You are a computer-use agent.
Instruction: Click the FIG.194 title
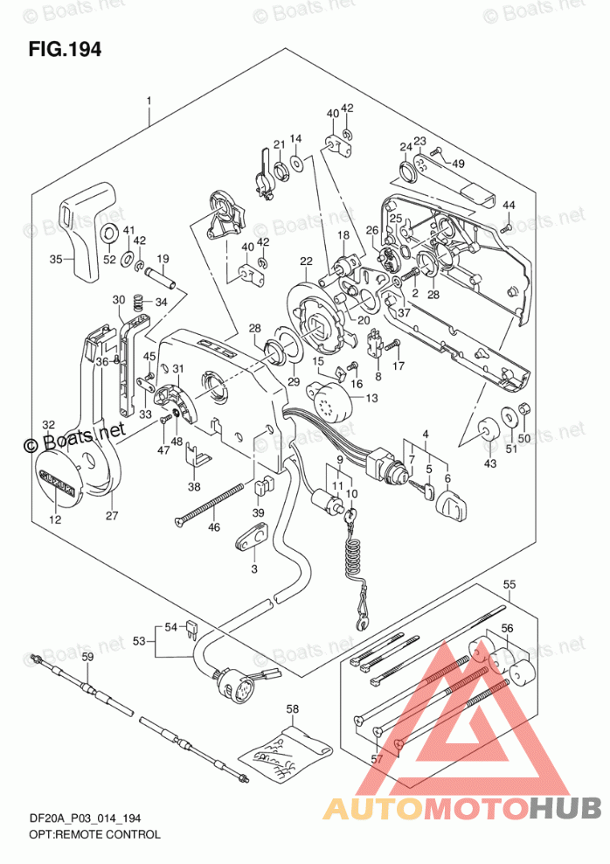pos(65,50)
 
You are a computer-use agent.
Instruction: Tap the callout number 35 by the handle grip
pos(56,259)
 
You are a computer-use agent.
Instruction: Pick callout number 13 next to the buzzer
pos(372,399)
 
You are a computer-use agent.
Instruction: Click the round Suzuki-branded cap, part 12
pos(59,478)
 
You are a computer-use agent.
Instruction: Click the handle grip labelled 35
pos(89,232)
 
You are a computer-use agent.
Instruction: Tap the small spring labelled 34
pos(138,303)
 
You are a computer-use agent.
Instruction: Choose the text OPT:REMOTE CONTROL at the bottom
pos(84,836)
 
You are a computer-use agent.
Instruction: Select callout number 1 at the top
pos(149,101)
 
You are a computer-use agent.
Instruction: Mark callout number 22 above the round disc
pos(305,261)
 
